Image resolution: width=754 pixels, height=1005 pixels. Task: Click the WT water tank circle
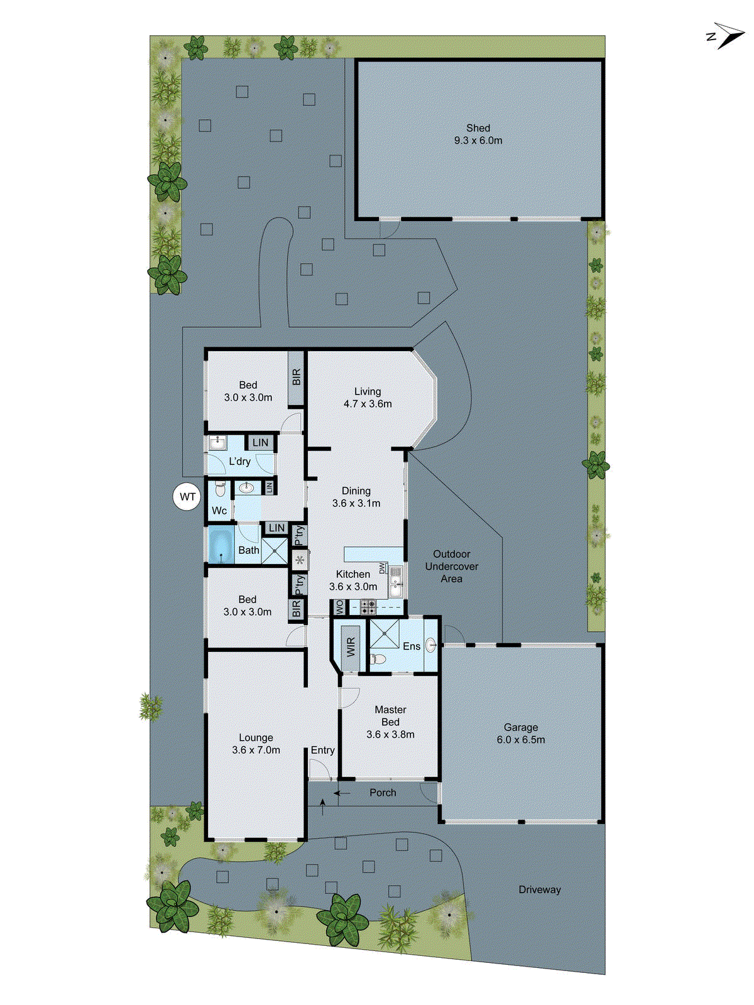tap(187, 497)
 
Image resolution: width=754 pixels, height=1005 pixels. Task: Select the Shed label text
tap(478, 128)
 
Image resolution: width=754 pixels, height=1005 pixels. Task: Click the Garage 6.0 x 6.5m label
tap(521, 734)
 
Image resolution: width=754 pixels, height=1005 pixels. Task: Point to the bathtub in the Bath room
tap(221, 545)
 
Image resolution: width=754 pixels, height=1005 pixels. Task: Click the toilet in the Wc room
tap(220, 489)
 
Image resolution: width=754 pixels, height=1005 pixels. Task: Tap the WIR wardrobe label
tap(351, 646)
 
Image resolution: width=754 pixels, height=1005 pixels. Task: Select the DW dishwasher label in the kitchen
tap(382, 568)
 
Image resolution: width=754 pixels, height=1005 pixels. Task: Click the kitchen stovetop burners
tap(368, 607)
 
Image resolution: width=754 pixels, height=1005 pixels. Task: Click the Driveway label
tap(540, 889)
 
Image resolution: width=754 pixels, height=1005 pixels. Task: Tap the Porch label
tap(383, 793)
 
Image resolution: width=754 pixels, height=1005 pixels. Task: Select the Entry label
tap(322, 750)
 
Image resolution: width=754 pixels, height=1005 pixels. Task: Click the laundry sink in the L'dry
tap(217, 443)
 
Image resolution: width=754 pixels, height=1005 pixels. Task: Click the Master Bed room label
tap(390, 722)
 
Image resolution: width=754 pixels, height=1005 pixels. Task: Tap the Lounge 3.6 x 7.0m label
tap(256, 744)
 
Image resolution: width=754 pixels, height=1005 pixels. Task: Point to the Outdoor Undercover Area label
tap(451, 566)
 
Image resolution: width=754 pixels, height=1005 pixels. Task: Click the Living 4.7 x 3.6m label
tap(368, 398)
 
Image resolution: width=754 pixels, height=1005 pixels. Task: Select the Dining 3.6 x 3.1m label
tap(356, 497)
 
